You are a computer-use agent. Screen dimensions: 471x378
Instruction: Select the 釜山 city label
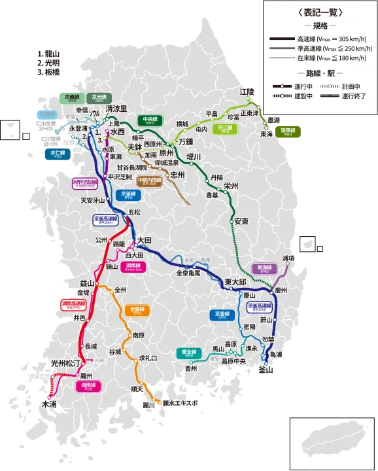(x=266, y=370)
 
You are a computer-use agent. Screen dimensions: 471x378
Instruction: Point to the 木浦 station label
(x=49, y=405)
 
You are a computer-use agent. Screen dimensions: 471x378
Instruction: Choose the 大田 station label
(x=144, y=241)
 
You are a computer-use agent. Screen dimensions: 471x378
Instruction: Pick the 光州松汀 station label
(x=65, y=362)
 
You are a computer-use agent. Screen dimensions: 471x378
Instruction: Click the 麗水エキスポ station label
(x=180, y=404)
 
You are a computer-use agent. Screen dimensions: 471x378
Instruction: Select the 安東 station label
(x=241, y=221)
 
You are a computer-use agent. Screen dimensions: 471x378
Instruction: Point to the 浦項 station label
(x=289, y=258)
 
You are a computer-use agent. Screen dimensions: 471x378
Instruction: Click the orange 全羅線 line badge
(x=137, y=309)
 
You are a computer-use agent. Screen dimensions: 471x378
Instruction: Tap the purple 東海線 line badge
(x=263, y=268)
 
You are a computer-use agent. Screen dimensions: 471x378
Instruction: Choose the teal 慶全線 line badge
(x=188, y=353)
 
